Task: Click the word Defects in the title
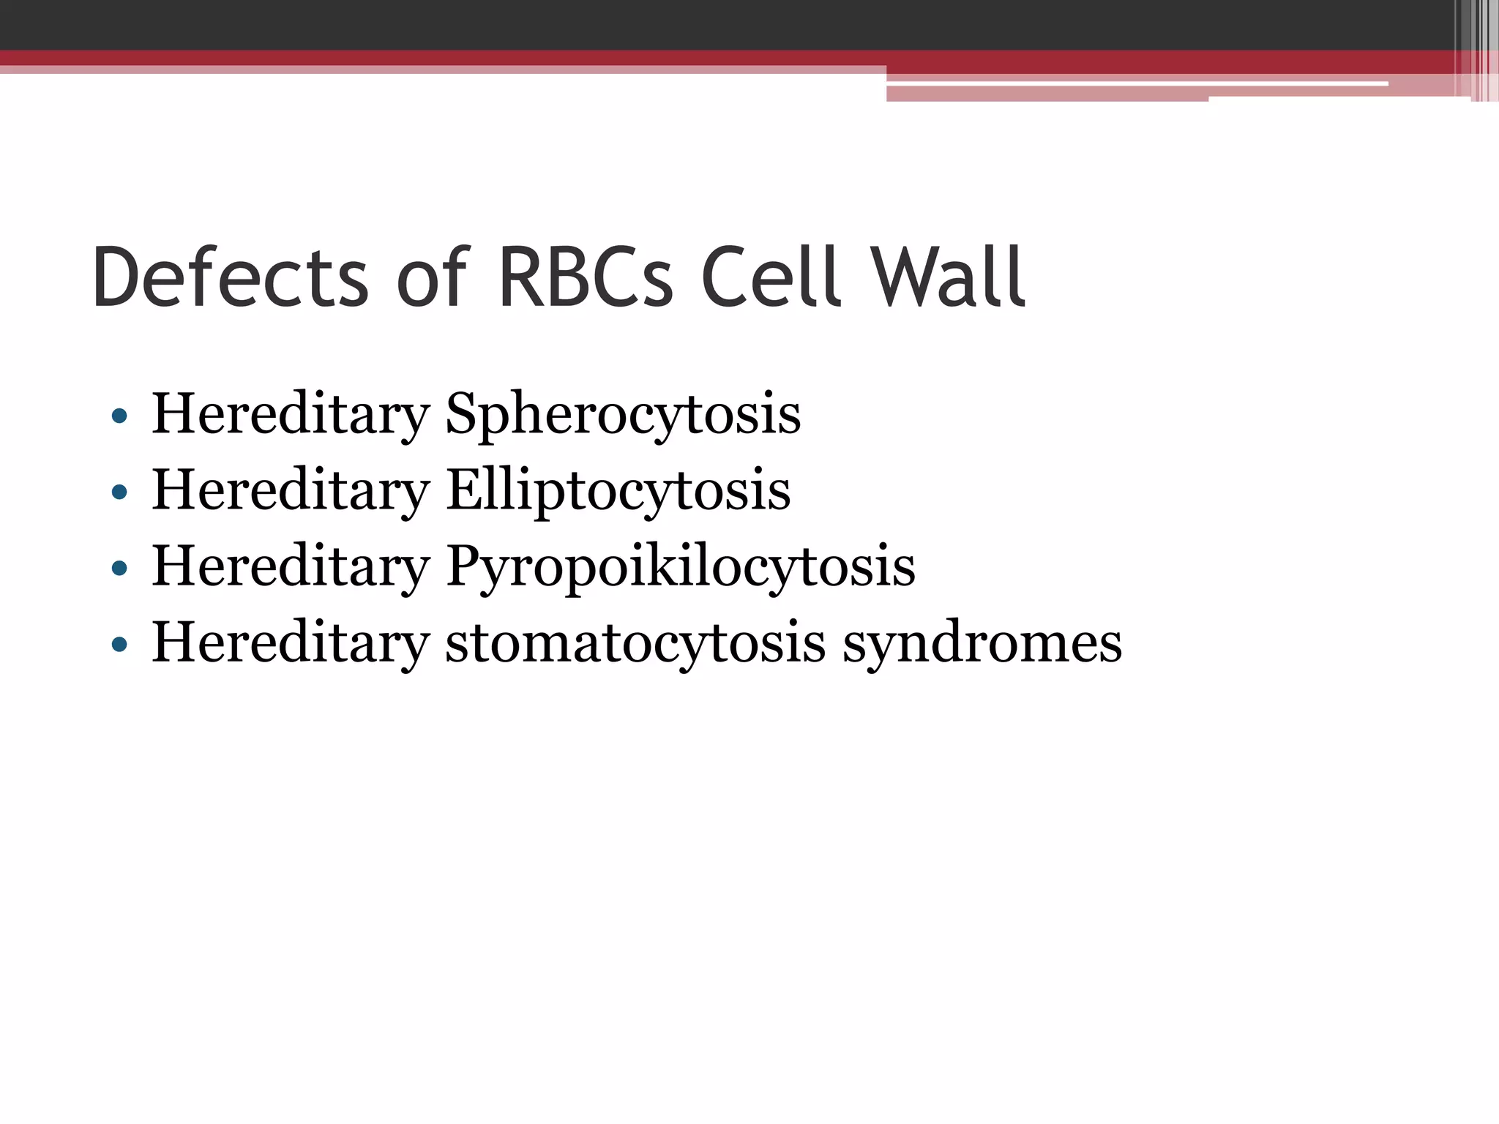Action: click(x=230, y=278)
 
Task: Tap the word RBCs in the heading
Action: click(x=585, y=278)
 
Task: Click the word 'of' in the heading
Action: click(x=432, y=278)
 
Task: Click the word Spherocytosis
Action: click(x=623, y=415)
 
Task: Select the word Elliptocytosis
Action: click(x=618, y=491)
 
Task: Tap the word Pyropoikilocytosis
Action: click(x=681, y=567)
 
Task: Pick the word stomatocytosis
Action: click(x=635, y=643)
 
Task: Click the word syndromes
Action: click(x=982, y=643)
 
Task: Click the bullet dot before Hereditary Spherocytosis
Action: click(x=119, y=417)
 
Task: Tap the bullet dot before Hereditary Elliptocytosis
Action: click(x=119, y=493)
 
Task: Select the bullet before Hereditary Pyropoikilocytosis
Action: click(x=119, y=569)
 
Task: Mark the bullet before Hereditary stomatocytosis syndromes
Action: click(x=119, y=645)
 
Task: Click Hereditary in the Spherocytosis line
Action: click(x=291, y=415)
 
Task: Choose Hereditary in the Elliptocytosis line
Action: click(x=291, y=491)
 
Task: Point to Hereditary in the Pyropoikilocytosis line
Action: click(x=291, y=567)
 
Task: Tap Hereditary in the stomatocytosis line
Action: click(x=291, y=643)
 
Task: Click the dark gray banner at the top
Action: click(x=659, y=24)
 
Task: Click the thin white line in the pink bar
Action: click(x=1134, y=84)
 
